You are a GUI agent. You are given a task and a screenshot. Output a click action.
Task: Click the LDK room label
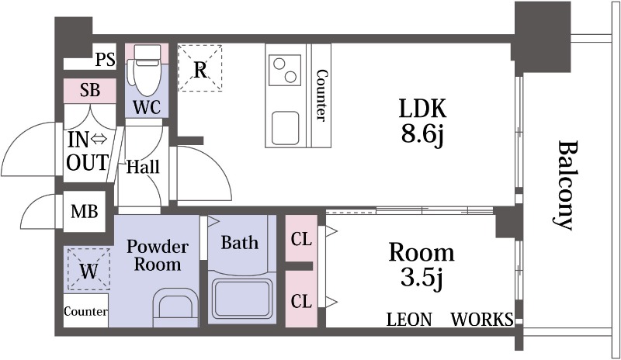click(x=422, y=108)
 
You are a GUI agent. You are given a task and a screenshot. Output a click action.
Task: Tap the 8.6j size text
click(x=422, y=136)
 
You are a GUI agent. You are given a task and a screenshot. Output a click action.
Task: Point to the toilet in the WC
click(x=147, y=70)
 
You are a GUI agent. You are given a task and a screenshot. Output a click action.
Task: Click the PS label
click(x=106, y=60)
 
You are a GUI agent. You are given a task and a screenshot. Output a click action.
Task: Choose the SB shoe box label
click(x=90, y=90)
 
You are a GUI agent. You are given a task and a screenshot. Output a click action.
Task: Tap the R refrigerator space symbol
click(x=200, y=68)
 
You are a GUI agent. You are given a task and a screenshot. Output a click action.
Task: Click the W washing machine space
click(x=88, y=269)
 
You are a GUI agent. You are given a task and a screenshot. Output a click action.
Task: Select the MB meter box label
click(x=85, y=212)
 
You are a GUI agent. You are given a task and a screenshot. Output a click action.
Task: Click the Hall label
click(x=143, y=167)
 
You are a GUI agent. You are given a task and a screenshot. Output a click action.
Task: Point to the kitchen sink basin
click(x=285, y=127)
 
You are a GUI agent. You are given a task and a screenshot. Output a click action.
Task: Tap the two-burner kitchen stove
click(x=285, y=70)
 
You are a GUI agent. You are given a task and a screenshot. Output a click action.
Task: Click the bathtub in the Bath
click(x=241, y=298)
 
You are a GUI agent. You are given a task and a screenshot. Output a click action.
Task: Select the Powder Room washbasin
click(x=175, y=306)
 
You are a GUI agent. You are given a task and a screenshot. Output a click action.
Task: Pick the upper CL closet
click(x=301, y=238)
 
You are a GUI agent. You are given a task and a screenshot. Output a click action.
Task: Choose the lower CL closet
click(x=301, y=299)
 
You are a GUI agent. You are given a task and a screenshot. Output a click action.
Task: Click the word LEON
click(x=409, y=319)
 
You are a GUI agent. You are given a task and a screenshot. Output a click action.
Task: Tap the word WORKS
click(x=482, y=319)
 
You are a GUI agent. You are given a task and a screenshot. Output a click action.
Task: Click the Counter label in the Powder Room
click(x=85, y=311)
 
